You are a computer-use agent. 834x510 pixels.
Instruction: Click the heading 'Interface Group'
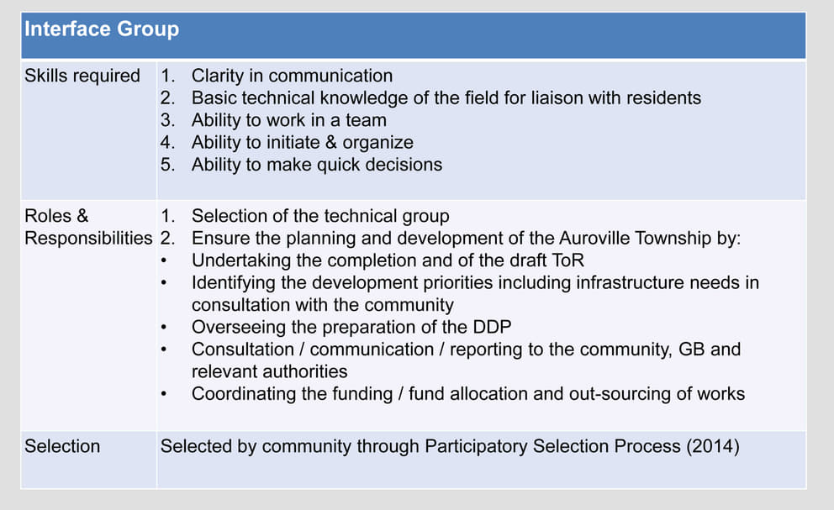tap(102, 29)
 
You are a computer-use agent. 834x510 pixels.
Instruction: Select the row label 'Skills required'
tap(82, 76)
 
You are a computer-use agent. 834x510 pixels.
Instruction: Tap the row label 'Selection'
tap(62, 446)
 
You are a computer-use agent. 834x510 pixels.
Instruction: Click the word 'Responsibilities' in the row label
tap(88, 239)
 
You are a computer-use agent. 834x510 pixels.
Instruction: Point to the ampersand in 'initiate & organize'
tap(331, 143)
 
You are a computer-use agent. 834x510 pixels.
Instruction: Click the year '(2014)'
tap(713, 446)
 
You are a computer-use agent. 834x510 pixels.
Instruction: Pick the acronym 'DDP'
tap(492, 327)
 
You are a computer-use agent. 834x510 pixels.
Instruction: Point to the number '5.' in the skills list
tap(167, 165)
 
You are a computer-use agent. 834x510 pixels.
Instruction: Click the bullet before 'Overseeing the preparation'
tap(164, 328)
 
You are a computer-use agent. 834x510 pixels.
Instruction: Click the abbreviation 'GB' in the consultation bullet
tap(692, 350)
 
